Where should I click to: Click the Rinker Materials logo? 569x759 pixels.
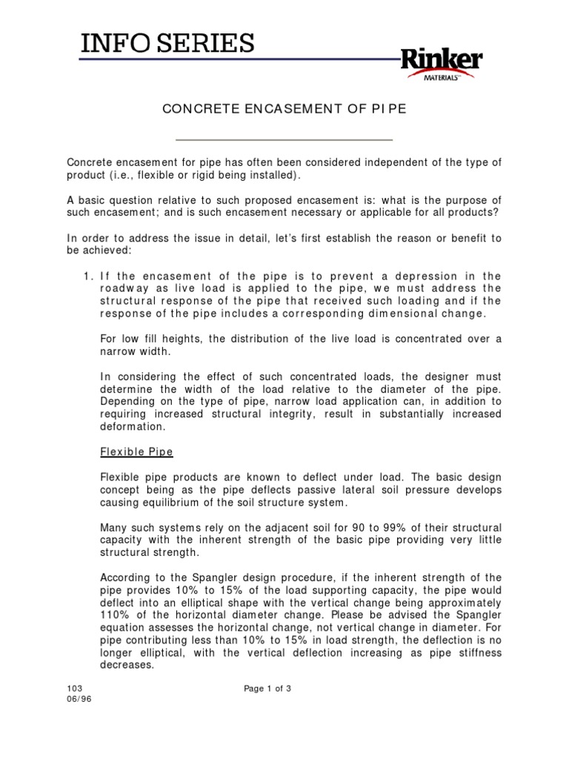tap(442, 67)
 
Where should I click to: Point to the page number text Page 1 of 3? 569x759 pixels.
tap(267, 689)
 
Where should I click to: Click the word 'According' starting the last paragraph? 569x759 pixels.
tap(124, 577)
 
